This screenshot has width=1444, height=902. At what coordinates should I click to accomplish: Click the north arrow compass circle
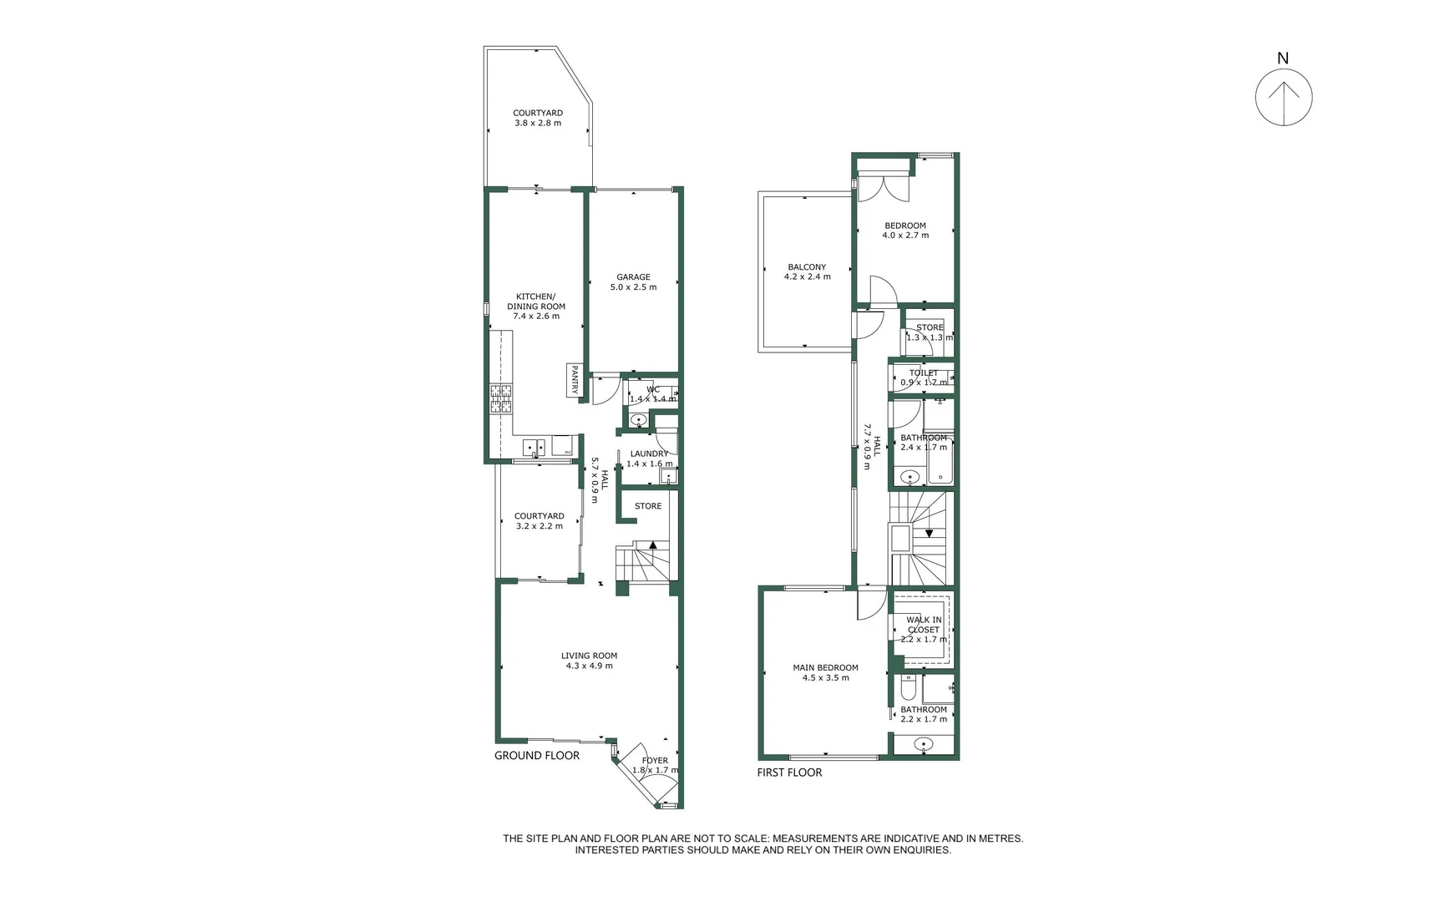coord(1284,98)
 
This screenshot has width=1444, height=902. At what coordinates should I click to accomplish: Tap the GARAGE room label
coord(633,277)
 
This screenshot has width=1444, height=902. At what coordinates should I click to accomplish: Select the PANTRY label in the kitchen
coord(575,381)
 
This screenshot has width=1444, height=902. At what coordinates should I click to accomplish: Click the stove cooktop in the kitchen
coord(501,398)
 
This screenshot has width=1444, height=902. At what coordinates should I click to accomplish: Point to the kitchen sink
coord(534,448)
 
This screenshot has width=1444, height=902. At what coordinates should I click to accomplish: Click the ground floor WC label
coord(653,389)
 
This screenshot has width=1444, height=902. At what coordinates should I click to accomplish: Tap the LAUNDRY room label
coord(649,454)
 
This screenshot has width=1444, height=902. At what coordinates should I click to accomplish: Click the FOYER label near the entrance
coord(655,761)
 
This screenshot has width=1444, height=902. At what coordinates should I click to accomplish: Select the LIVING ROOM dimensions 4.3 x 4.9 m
coord(589,666)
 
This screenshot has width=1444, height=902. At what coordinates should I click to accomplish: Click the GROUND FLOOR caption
coord(536,755)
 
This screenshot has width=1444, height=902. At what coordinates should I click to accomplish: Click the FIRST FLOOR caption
coord(789,773)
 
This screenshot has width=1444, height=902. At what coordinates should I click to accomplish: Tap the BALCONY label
coord(807,267)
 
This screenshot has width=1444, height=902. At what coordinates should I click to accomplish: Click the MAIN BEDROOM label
coord(825,667)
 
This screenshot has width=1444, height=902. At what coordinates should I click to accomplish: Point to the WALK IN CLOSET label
coord(924,625)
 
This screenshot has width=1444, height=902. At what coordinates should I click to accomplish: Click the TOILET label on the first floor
coord(924,373)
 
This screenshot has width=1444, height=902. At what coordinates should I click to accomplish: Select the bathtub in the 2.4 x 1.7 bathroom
coord(940,459)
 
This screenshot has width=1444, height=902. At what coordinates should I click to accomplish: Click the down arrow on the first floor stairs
coord(929,533)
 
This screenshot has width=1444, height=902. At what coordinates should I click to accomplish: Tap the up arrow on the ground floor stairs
coord(653,545)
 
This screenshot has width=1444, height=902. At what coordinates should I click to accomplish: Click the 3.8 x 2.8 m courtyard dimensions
coord(538,123)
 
